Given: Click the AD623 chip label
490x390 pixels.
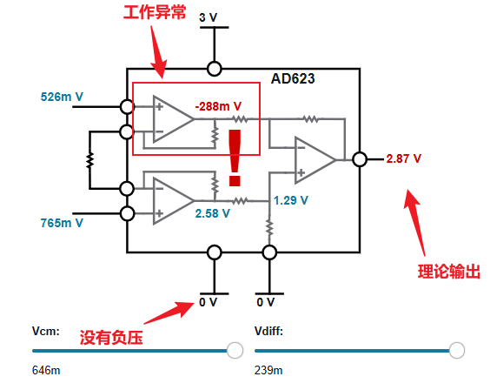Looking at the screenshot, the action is (293, 78).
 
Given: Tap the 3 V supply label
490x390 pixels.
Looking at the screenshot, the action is (209, 17).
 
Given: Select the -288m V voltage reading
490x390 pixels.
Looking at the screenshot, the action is (218, 106).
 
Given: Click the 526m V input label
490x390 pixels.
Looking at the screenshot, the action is (62, 97).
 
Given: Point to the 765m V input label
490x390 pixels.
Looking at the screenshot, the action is (62, 223).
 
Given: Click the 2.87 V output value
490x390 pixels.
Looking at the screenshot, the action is (403, 158).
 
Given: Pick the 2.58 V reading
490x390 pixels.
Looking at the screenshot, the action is (213, 213).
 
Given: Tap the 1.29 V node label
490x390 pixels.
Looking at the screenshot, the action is (291, 200).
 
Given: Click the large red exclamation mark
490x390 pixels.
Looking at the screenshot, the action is (235, 158).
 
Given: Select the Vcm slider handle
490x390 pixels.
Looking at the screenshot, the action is (235, 350).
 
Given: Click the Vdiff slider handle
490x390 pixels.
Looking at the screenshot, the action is (457, 350).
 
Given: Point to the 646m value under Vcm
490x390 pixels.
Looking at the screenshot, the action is (46, 371).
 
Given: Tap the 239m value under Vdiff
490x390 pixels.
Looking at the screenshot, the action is (268, 371).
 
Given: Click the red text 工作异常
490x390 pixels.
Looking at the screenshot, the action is (155, 12).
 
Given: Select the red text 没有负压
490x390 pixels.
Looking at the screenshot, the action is (111, 338).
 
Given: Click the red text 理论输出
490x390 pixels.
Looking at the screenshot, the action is (449, 272).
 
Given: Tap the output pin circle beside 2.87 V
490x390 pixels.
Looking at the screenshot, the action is (360, 159).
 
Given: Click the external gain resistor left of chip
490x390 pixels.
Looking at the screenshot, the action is (90, 160).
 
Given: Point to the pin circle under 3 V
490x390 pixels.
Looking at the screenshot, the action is (215, 69).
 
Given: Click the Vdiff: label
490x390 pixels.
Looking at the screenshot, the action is (268, 331).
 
